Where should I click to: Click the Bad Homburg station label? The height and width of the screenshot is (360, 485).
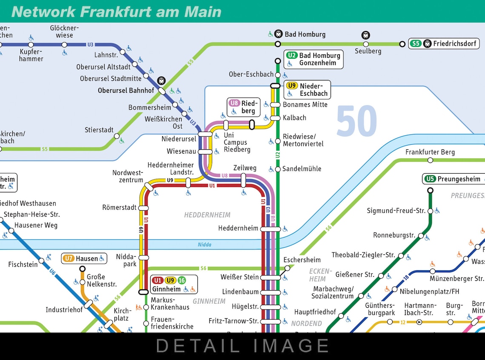pos(305,34)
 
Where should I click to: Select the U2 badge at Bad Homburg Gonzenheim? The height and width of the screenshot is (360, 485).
pos(292,55)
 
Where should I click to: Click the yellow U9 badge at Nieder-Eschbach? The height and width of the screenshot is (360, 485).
pos(292,86)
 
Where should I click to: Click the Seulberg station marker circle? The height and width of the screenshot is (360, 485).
pos(366,44)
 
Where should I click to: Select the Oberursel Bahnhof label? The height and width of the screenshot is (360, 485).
pos(126,91)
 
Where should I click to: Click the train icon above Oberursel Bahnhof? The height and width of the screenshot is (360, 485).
pos(161,80)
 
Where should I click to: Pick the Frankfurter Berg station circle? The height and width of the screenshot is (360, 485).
pos(430,160)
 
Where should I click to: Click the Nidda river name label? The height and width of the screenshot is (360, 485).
pos(205,245)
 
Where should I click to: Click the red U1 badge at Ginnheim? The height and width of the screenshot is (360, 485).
pos(158,280)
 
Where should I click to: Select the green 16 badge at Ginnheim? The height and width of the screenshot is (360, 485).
pos(182,280)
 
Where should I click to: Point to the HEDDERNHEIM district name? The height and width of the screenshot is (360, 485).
pos(207,215)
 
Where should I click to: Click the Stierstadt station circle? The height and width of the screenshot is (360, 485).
pos(117,136)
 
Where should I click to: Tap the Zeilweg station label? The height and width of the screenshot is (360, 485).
pos(245,168)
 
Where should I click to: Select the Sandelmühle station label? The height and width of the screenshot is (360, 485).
pos(302,169)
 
